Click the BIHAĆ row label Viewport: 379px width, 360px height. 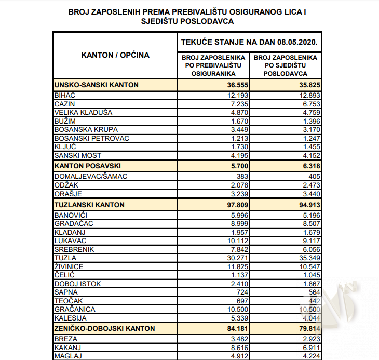65,95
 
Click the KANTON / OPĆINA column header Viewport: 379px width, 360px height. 115,55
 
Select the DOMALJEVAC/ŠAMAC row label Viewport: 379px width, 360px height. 91,176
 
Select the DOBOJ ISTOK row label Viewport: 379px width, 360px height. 77,284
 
